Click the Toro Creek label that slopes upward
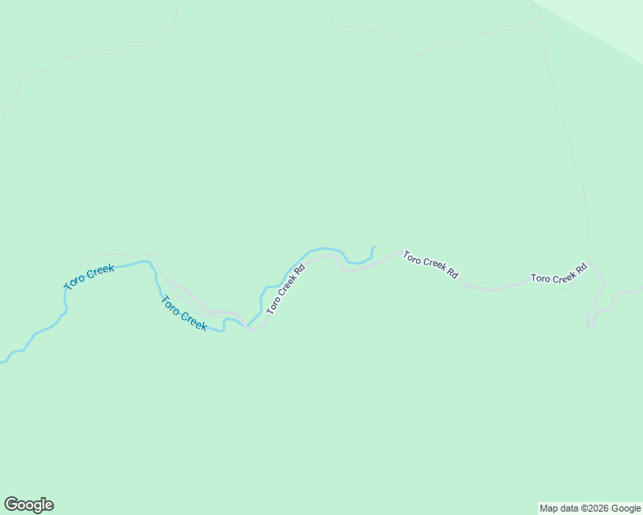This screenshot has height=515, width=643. click(x=89, y=277)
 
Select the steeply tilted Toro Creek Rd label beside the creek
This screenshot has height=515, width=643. click(x=286, y=289)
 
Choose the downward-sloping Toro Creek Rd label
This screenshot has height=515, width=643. click(x=430, y=264)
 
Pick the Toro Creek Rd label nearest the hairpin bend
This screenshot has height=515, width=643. click(x=558, y=274)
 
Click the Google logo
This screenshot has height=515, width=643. click(x=28, y=505)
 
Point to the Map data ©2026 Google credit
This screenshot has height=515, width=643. click(x=590, y=508)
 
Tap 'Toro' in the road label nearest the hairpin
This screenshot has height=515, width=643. click(x=540, y=278)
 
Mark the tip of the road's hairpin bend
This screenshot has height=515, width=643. click(x=591, y=325)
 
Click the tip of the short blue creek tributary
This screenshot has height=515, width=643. click(x=374, y=247)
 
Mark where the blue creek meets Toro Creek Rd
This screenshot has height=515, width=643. click(x=248, y=326)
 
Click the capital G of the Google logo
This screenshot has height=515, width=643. click(x=11, y=505)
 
